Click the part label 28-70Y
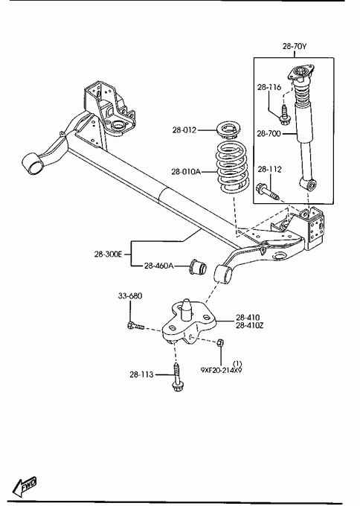click(295, 46)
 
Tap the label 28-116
click(269, 87)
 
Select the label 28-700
click(269, 133)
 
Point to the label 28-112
click(269, 170)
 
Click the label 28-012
click(184, 130)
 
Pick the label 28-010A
click(186, 172)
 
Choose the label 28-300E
click(108, 254)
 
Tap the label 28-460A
click(158, 266)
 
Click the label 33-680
click(130, 296)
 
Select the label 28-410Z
click(250, 326)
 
